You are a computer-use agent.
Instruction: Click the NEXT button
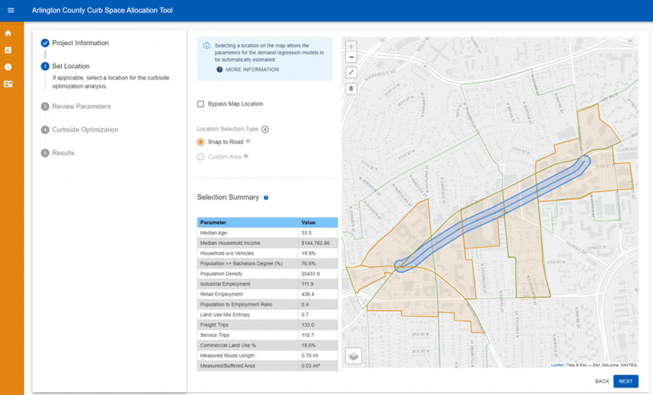click(625, 381)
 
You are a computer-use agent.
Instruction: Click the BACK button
click(602, 381)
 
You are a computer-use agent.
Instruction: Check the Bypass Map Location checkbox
click(200, 104)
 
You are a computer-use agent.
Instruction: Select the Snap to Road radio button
click(200, 142)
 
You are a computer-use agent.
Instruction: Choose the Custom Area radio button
click(200, 157)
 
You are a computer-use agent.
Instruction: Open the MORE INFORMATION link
click(252, 69)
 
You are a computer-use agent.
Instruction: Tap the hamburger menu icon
click(11, 10)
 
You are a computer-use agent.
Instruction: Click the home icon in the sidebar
click(8, 33)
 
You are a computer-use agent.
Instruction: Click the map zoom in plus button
click(351, 46)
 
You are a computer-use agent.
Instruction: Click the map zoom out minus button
click(351, 57)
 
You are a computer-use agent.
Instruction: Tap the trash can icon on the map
click(351, 89)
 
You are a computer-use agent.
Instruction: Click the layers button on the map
click(353, 356)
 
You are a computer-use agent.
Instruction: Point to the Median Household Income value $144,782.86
click(315, 243)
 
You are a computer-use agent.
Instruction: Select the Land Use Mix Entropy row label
click(225, 315)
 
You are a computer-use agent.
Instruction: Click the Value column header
click(308, 222)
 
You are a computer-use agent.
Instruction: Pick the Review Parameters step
click(81, 106)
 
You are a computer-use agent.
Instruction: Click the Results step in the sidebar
click(63, 153)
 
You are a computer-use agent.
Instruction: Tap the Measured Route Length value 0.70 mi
click(310, 355)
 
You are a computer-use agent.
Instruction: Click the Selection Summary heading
click(228, 197)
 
